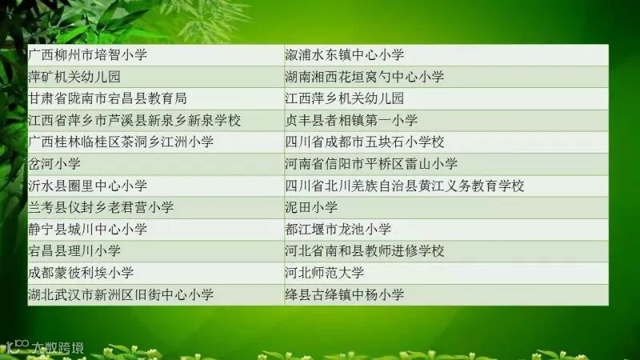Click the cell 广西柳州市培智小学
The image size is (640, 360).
(88, 55)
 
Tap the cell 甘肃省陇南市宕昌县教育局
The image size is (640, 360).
(107, 98)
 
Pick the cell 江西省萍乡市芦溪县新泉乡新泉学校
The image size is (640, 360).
(134, 121)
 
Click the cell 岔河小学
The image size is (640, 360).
(54, 164)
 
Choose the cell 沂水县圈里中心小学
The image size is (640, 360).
(88, 186)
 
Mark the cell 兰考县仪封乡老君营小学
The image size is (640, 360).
(101, 207)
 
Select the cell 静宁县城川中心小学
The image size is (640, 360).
(88, 229)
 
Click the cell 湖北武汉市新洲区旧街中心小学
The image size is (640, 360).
(121, 294)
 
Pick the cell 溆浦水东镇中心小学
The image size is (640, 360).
(345, 55)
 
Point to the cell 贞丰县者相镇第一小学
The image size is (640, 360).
(351, 121)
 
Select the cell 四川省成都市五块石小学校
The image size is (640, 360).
(365, 142)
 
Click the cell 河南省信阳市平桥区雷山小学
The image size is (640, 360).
(371, 164)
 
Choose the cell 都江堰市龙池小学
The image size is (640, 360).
(338, 229)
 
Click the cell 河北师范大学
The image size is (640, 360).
(325, 273)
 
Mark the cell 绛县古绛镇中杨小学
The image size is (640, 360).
(345, 294)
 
